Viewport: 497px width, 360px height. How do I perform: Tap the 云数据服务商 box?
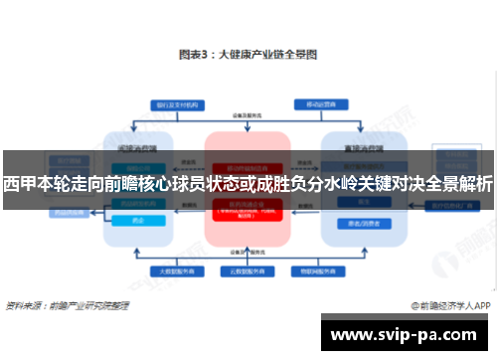(246, 270)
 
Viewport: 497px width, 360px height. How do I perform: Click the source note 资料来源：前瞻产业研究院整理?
(64, 305)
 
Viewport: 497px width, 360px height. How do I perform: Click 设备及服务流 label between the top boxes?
(247, 115)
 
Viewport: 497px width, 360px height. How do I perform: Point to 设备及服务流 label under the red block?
(247, 250)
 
